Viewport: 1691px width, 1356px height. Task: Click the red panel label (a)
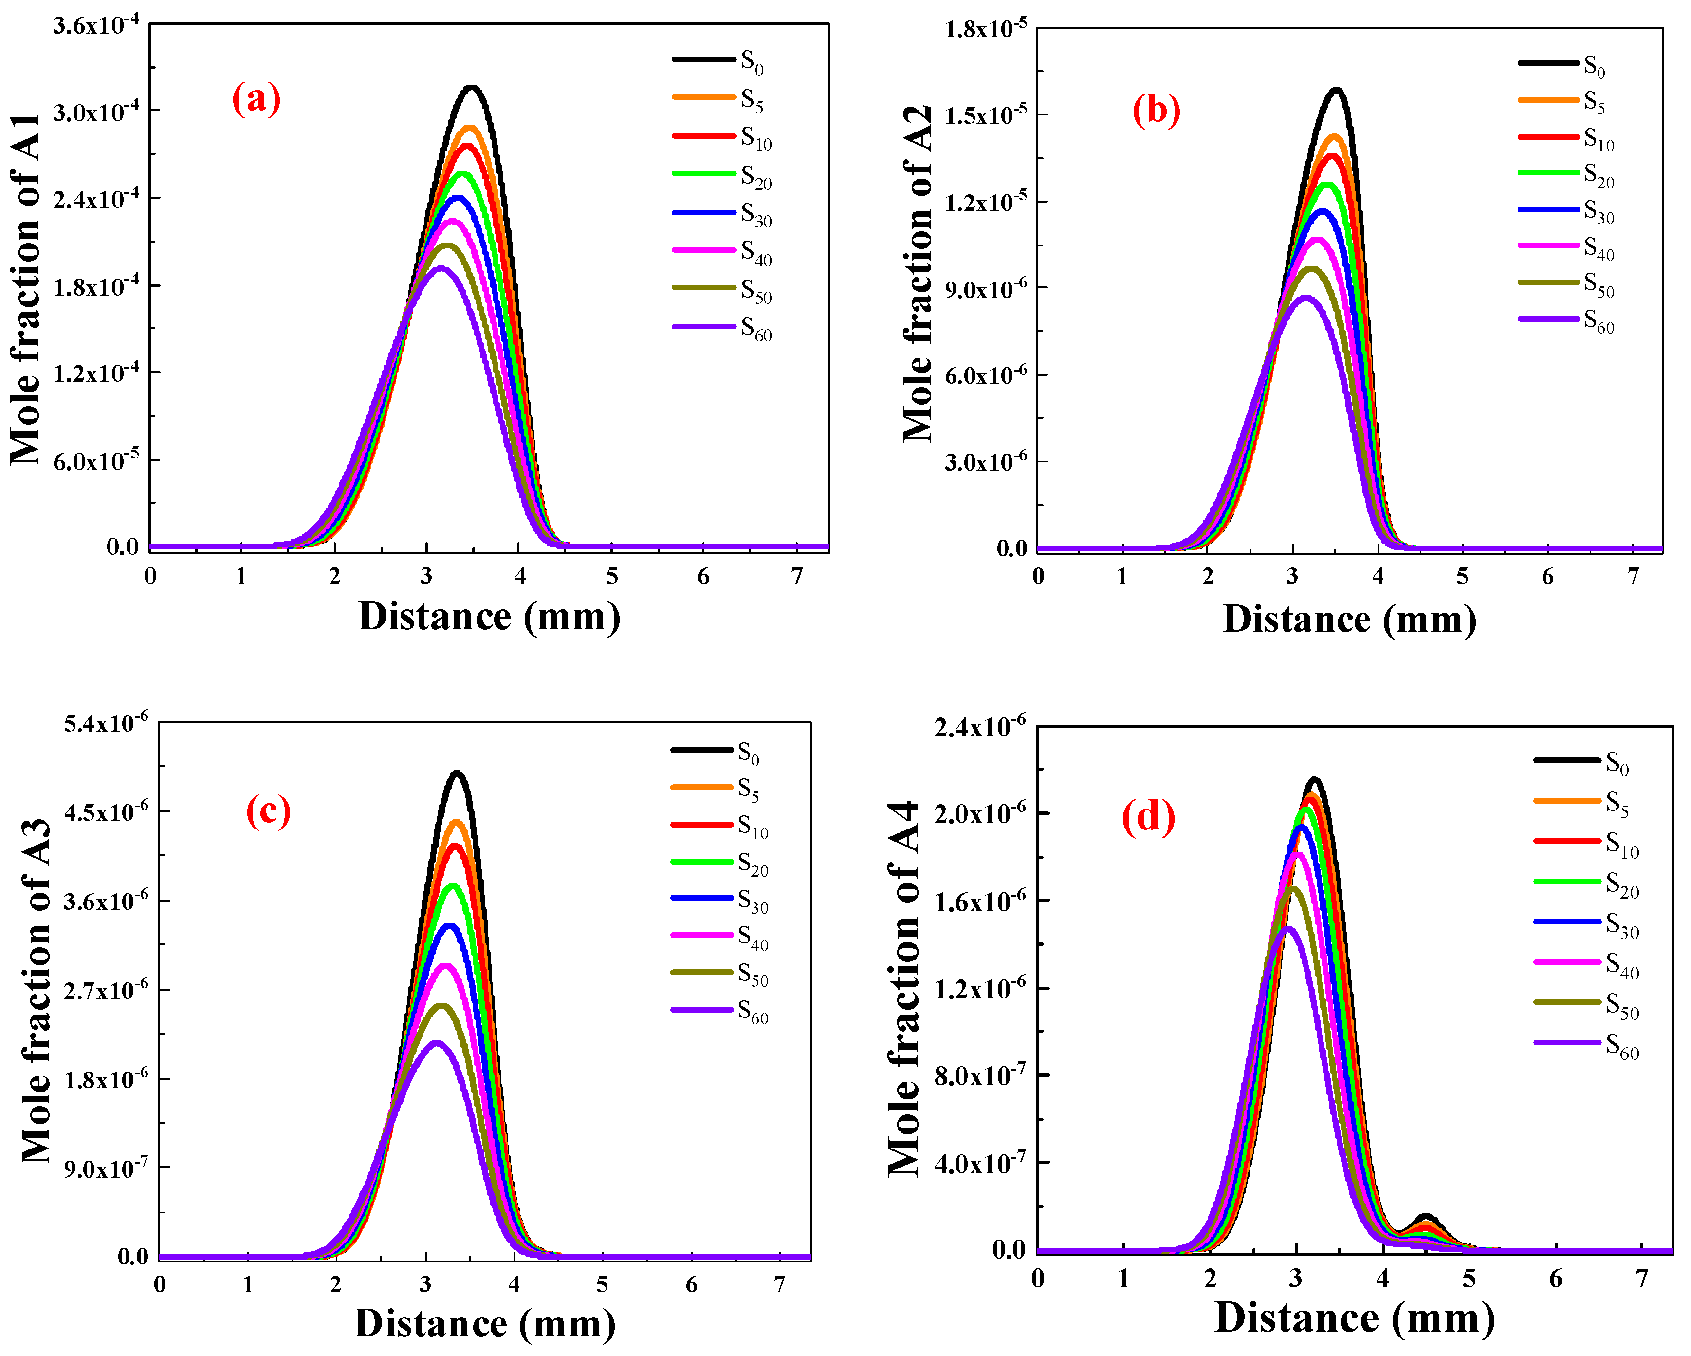[256, 100]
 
